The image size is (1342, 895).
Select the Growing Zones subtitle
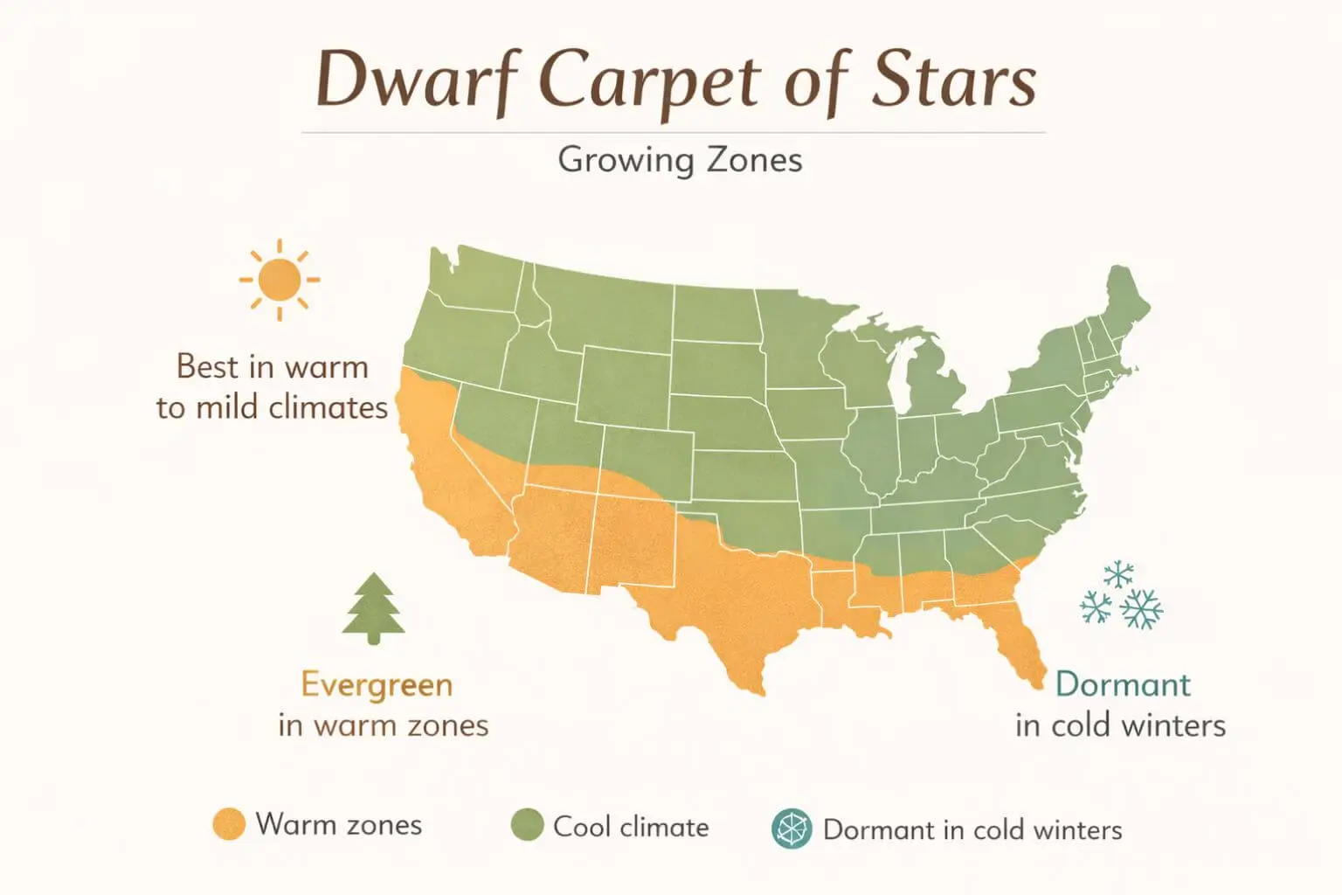click(679, 160)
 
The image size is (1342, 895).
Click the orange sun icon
click(280, 280)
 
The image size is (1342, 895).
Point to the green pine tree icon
click(373, 607)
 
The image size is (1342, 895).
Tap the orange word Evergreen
click(377, 684)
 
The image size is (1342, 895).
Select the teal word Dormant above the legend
click(1122, 684)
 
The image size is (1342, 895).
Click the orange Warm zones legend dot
click(229, 824)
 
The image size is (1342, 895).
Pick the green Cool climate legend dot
click(527, 824)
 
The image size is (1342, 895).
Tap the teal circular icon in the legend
click(792, 829)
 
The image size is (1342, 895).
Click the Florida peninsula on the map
click(1018, 642)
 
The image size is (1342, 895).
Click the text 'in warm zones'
click(383, 725)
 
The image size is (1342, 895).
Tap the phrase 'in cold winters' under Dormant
click(1120, 725)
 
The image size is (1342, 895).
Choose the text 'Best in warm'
click(272, 366)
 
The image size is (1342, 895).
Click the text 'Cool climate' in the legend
click(631, 827)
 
